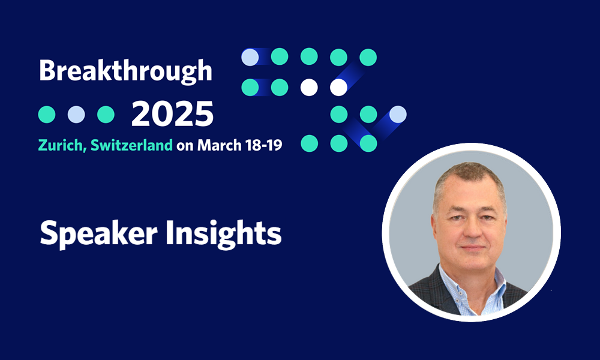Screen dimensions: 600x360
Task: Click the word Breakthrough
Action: tap(125, 71)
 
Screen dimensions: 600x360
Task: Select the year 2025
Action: tap(172, 114)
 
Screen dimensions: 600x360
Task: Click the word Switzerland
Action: tap(131, 145)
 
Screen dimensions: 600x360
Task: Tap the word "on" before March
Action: tap(185, 146)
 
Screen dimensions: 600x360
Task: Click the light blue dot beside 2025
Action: tap(76, 115)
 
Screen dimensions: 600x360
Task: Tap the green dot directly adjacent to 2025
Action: tap(106, 115)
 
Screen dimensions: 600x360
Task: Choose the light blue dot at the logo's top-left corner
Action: tap(250, 57)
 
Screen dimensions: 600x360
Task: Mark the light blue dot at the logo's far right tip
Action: tap(398, 115)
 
